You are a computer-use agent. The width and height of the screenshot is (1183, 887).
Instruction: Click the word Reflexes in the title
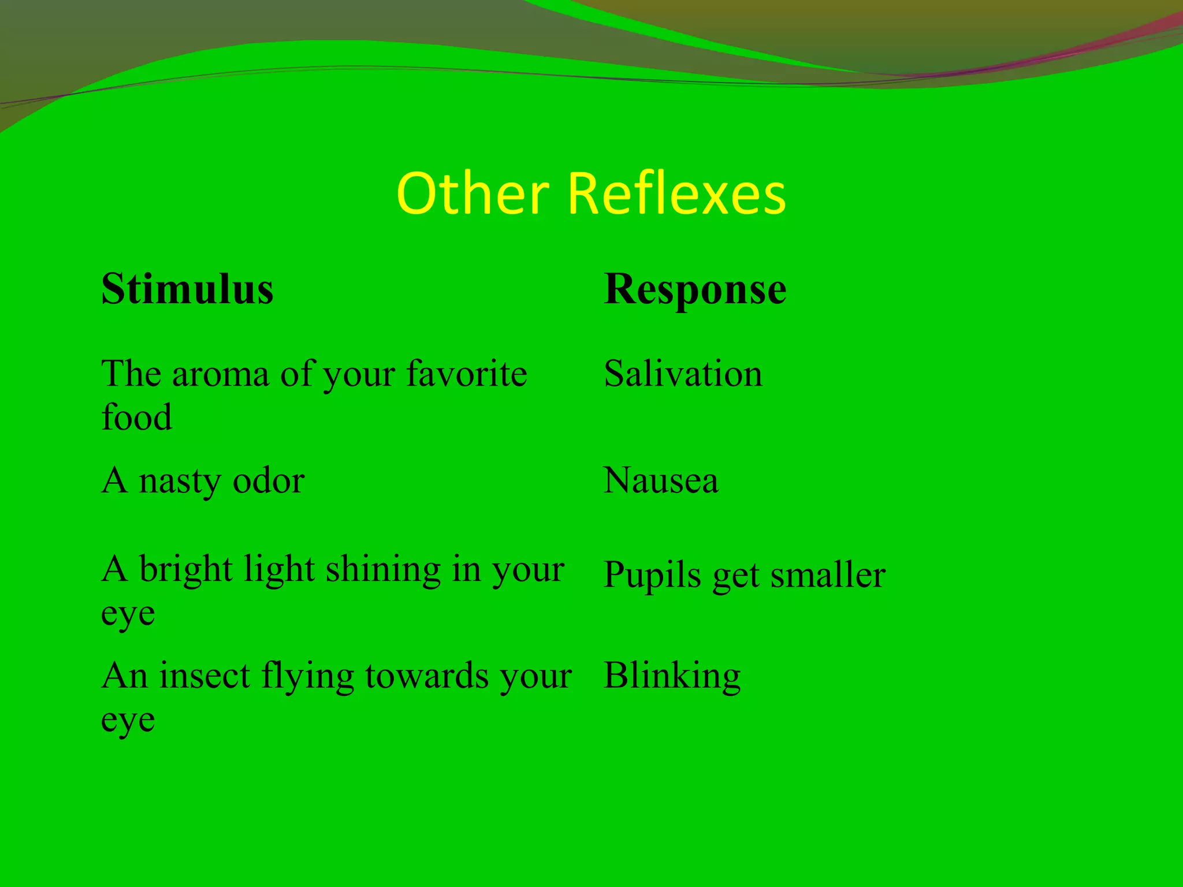(x=676, y=194)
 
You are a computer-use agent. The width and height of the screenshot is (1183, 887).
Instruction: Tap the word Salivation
(x=683, y=374)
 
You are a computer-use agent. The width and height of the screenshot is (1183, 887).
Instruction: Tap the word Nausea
(x=661, y=480)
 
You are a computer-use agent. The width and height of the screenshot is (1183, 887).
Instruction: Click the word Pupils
(x=652, y=576)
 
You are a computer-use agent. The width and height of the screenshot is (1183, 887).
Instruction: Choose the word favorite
(x=466, y=374)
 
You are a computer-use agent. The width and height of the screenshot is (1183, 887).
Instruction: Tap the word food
(x=136, y=417)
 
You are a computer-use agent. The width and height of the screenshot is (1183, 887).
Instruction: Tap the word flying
(x=307, y=677)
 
